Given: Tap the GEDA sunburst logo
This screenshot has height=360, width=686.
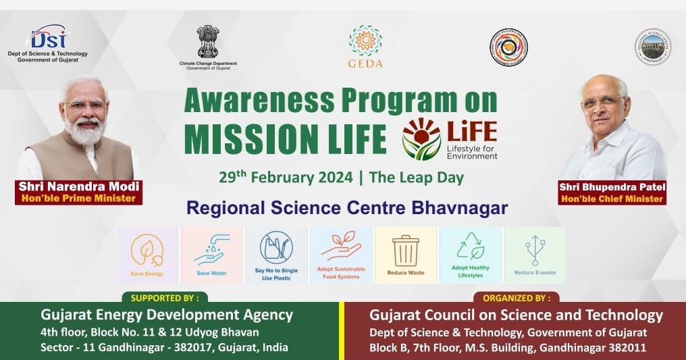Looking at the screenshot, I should [365, 41].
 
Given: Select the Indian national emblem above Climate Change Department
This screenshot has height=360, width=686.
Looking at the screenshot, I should [207, 41].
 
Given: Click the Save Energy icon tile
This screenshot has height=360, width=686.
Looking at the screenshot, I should [147, 255].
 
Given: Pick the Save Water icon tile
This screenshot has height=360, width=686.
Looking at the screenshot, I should [211, 255].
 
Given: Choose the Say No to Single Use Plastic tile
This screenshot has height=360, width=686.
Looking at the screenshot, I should [276, 255].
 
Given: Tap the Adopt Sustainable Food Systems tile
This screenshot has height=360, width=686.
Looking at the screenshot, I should [341, 255].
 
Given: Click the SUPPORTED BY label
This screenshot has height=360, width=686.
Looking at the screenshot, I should [165, 297].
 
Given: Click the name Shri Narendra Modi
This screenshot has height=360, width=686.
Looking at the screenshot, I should [79, 186].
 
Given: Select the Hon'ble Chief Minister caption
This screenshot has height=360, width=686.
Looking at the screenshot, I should [612, 199].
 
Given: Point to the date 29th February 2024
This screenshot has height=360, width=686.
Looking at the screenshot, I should [286, 178].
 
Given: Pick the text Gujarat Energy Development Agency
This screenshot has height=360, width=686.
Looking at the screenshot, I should [167, 315].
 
